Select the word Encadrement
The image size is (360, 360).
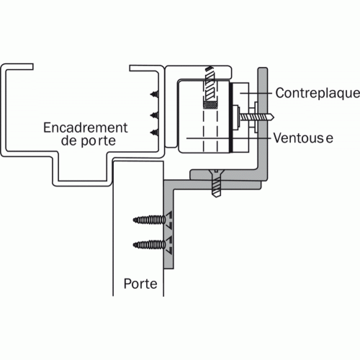click(85, 127)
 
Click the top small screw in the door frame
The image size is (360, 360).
click(155, 94)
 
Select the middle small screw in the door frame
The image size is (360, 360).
click(155, 115)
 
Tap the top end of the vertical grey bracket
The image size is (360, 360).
click(263, 69)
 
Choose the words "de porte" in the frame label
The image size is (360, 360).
click(88, 140)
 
